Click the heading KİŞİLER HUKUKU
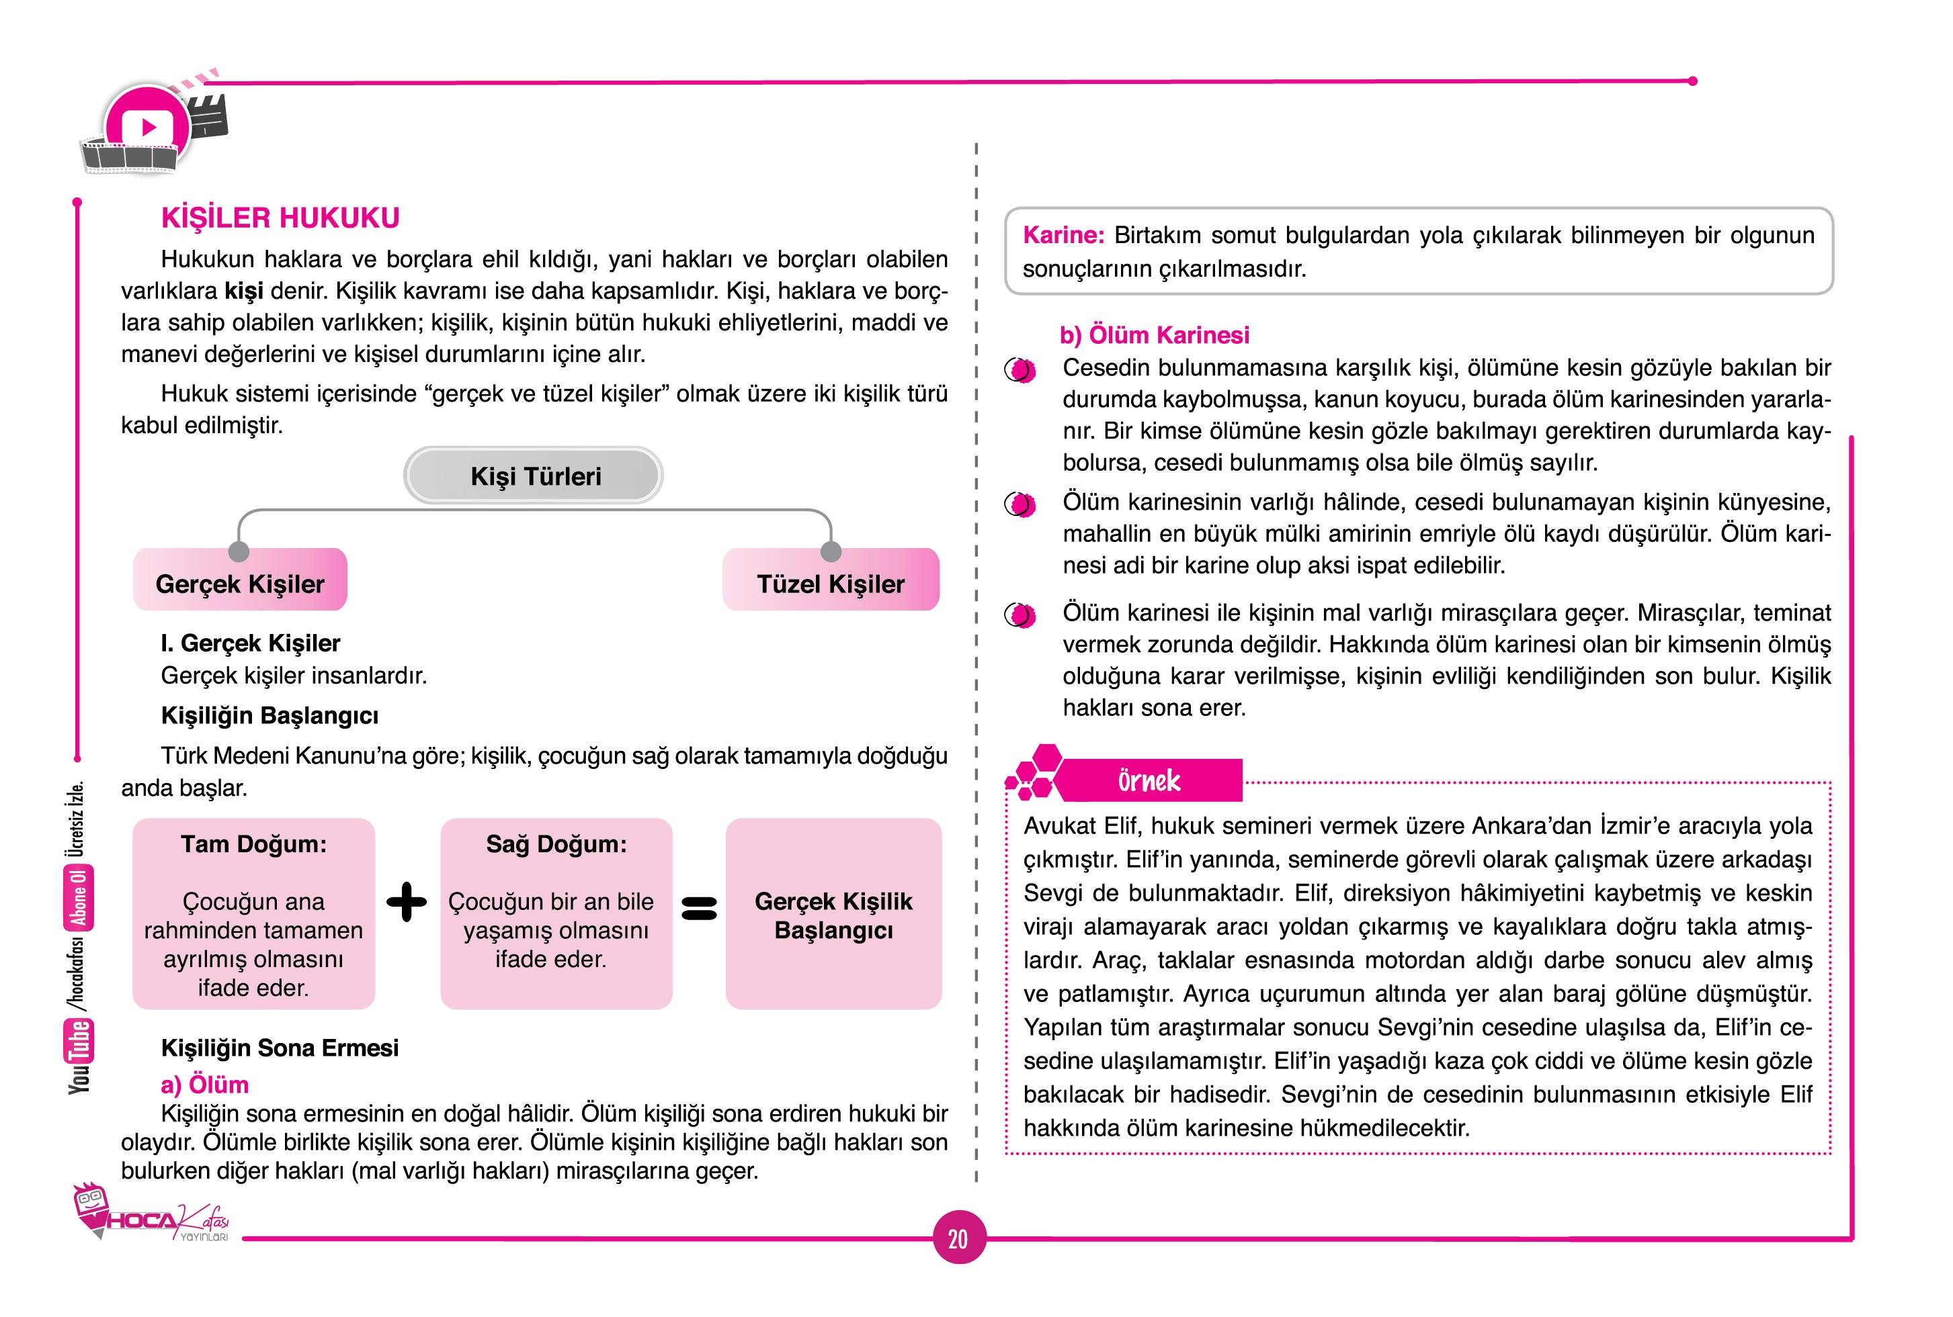280,218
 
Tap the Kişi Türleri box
534,476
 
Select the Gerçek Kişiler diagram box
241,583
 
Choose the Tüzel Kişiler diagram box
830,583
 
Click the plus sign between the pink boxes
407,903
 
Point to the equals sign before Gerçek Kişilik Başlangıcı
698,908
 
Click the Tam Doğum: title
253,844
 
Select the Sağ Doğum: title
556,844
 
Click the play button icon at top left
149,128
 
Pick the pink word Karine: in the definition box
1063,235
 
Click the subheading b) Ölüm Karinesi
1154,335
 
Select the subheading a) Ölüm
204,1085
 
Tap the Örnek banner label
1149,781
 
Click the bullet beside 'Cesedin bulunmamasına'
1020,369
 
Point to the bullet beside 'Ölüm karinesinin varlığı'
1020,504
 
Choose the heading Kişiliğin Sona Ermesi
280,1048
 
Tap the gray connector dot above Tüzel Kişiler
830,551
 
